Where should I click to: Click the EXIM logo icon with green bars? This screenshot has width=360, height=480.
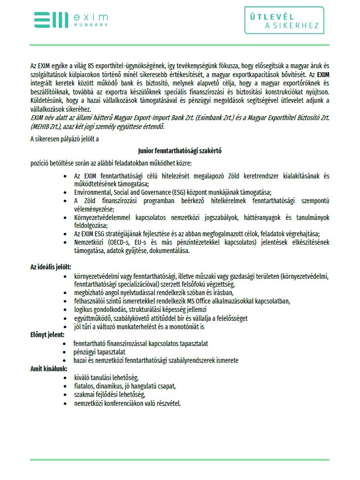(x=50, y=20)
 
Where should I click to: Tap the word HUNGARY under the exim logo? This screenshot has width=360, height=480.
(x=90, y=24)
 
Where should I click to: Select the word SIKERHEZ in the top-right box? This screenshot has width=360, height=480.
(x=297, y=26)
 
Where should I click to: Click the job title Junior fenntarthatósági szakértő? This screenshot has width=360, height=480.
(x=180, y=151)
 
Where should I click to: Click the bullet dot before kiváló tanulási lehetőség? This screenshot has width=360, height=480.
(x=66, y=378)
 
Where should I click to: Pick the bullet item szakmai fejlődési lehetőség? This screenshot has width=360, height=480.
(x=110, y=394)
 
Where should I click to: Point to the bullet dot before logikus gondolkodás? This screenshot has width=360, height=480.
(x=66, y=309)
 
